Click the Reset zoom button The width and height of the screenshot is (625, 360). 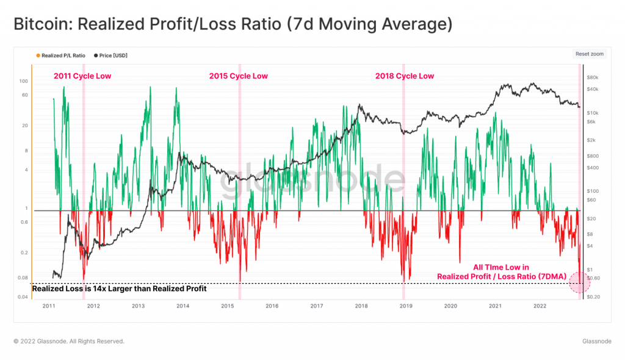(x=589, y=54)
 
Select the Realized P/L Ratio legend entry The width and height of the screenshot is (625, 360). (x=62, y=56)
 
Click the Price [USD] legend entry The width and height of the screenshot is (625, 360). (x=114, y=56)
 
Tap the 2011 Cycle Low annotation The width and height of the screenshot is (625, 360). (x=82, y=76)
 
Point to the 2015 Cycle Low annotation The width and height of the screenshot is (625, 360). (x=238, y=76)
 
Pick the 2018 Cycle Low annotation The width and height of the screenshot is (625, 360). (x=404, y=76)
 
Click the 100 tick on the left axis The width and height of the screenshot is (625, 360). (x=24, y=81)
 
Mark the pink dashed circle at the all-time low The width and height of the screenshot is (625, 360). (x=579, y=282)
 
